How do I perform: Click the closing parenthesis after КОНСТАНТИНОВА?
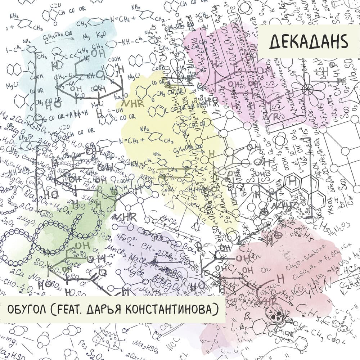click(x=218, y=309)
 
